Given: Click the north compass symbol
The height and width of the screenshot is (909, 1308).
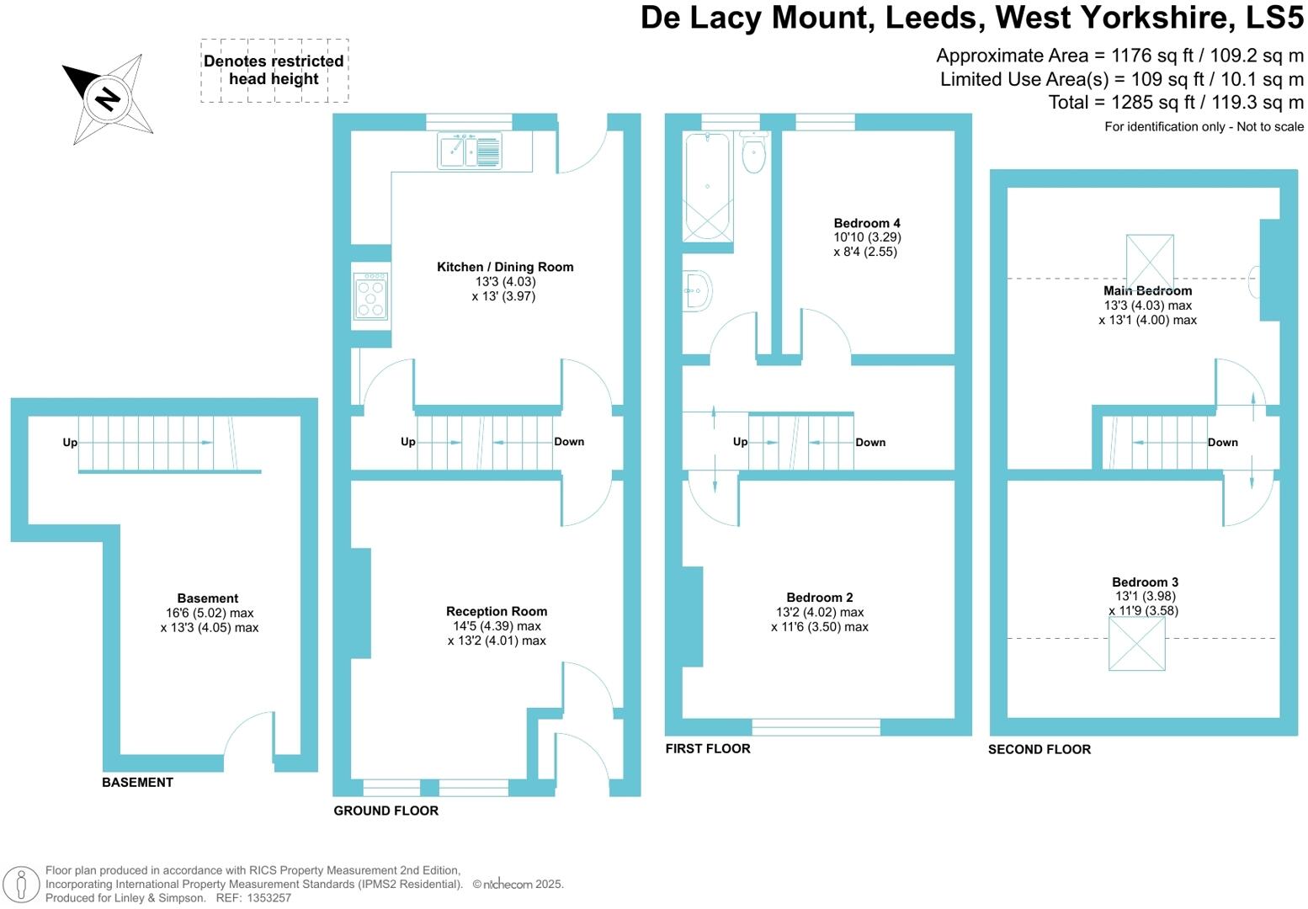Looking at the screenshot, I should click(108, 98).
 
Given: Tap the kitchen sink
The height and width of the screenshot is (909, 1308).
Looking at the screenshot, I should click(470, 151).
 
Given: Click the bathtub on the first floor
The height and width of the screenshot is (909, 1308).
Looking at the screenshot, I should click(707, 187).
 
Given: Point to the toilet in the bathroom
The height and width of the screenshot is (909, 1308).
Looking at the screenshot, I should click(753, 151).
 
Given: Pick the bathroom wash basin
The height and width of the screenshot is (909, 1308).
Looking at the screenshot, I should click(698, 291).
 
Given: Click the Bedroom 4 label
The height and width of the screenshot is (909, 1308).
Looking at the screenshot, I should click(867, 223).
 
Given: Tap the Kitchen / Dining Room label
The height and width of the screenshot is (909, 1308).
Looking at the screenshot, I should click(505, 267).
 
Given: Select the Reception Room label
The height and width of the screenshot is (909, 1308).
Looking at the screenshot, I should click(497, 611).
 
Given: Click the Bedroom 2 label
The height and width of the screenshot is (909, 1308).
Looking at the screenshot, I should click(820, 598).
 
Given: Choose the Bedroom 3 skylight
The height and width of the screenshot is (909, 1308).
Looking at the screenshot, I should click(1136, 644).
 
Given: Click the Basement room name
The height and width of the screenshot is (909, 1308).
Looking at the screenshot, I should click(208, 598).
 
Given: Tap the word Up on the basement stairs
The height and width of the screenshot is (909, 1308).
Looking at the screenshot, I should click(70, 443).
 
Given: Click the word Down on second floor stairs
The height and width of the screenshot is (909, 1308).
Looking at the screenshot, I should click(1222, 443).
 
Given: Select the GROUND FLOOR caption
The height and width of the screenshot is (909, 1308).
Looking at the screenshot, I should click(386, 811).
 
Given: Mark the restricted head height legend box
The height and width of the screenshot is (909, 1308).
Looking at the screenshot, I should click(274, 71).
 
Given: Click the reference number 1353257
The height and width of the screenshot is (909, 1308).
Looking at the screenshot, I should click(269, 898).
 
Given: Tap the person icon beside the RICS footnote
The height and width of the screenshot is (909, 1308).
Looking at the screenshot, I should click(23, 884).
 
